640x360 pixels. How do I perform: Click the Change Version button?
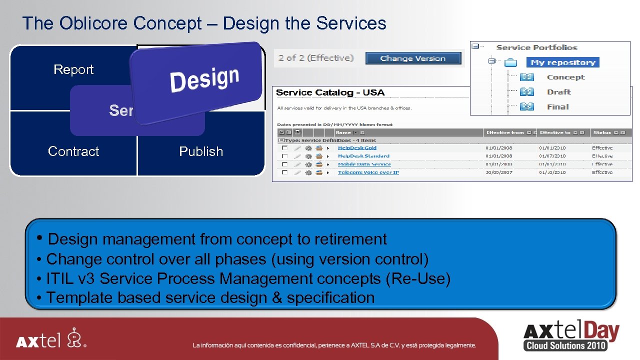pos(412,58)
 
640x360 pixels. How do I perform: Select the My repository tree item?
pos(562,62)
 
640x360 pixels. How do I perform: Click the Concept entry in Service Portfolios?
pos(565,77)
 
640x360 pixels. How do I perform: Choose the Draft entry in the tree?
pos(558,92)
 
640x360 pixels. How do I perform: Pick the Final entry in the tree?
pos(557,106)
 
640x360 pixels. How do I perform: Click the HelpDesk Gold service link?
pos(357,148)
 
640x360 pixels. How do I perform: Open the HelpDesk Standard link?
pos(363,156)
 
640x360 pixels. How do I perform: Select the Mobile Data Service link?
pos(364,164)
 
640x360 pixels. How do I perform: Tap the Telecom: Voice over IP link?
pos(368,172)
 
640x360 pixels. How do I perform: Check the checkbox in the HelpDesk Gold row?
pos(284,148)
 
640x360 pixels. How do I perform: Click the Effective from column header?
pos(504,132)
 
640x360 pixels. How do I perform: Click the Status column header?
pos(602,132)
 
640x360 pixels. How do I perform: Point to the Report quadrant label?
pos(73,69)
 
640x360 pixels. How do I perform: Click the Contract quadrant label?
pos(73,151)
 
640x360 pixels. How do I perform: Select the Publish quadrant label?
pos(201,151)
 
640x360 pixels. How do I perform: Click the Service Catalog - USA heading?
pos(330,92)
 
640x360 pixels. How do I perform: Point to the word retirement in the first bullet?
pos(350,239)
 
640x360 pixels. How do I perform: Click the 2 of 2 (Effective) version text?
pos(316,58)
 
